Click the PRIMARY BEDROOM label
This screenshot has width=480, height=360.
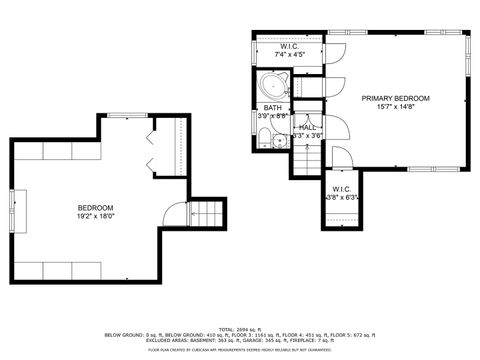(396, 98)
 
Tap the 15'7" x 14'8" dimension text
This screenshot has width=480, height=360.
(396, 107)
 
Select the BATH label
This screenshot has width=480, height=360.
(272, 107)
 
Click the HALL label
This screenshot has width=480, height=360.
(307, 127)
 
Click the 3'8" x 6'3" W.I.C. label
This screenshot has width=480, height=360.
(342, 192)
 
